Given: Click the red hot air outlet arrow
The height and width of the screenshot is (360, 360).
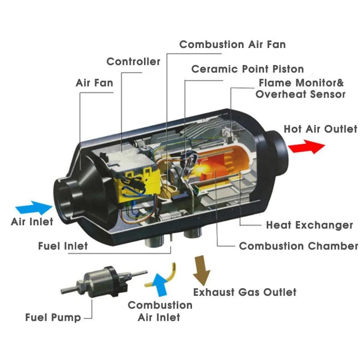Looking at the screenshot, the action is pos(306,146).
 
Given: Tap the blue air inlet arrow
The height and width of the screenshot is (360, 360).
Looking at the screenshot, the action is pos(34,208).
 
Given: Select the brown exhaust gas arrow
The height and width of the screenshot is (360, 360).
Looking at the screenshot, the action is pos(201,270).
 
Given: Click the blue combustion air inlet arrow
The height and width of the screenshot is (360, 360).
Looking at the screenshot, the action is pos(160,285).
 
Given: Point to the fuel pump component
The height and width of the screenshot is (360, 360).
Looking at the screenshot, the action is pos(104,282).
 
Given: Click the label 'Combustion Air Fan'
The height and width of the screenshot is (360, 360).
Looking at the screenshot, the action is pos(233,44).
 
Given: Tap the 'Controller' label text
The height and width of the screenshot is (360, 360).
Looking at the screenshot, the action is pos(133,61).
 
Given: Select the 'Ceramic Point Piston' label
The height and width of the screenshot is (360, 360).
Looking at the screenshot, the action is pos(247,69).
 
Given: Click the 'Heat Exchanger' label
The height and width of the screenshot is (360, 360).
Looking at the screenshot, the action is pos(310,225).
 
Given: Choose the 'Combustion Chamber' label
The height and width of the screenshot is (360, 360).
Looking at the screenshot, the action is pos(299,246).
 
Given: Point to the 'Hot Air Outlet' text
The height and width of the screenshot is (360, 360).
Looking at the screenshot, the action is pos(320,129).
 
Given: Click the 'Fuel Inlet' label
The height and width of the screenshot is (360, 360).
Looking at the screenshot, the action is pos(63,246).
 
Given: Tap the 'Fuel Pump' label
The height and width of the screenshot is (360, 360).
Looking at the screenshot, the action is pos(53,318).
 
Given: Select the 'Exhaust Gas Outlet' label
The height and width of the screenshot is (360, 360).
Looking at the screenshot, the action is pos(245,292).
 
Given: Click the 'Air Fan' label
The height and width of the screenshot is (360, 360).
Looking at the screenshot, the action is pos(94,83).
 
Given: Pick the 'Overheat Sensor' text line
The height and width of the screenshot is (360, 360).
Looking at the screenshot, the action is pos(300,94).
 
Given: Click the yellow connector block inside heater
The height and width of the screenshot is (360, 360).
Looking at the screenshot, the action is pos(138,186).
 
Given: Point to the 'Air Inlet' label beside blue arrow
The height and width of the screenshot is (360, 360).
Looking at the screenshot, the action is pos(32,222).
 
